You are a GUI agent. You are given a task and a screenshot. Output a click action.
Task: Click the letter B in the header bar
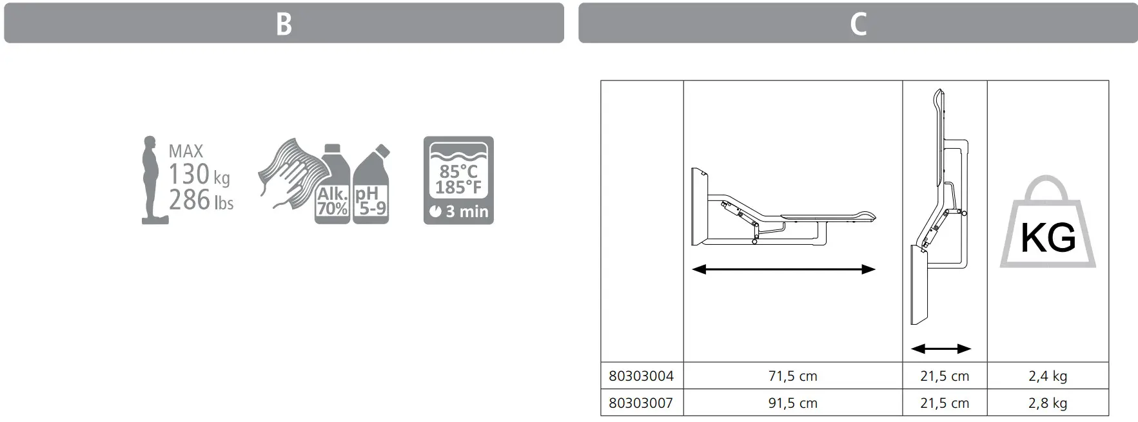pos(284,24)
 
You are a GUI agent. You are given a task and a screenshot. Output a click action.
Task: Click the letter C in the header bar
pos(858,24)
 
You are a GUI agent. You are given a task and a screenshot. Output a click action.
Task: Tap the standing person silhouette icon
pos(152,180)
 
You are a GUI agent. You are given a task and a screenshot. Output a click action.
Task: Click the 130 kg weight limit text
pos(199,175)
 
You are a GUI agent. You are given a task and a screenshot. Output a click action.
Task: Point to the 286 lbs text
pos(201,200)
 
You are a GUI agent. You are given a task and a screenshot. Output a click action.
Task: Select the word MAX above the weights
pos(186,151)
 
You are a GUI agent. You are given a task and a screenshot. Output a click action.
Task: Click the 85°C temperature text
pos(458,171)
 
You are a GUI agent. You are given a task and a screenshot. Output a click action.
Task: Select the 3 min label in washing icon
pos(459,211)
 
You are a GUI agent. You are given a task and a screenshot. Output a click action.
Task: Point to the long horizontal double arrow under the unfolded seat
pos(783,269)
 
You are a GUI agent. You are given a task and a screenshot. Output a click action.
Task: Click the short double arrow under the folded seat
pos(941,349)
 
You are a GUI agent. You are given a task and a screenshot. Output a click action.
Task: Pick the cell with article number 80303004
pos(641,376)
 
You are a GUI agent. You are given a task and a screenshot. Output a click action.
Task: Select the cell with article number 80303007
pos(641,403)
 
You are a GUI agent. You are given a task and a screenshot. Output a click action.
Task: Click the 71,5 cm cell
pos(792,376)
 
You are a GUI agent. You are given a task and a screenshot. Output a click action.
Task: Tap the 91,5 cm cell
pos(792,403)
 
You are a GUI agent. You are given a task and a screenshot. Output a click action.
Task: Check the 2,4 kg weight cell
pos(1047,376)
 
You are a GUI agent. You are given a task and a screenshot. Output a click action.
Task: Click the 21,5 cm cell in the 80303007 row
pos(944,403)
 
